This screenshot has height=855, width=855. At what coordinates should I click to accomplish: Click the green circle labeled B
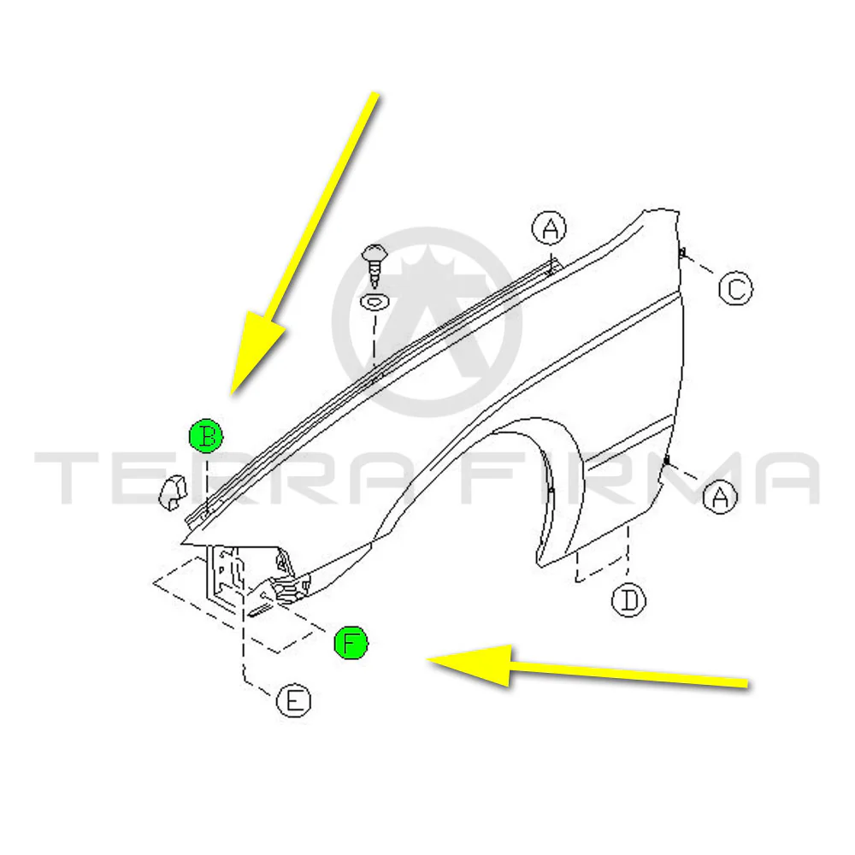(206, 436)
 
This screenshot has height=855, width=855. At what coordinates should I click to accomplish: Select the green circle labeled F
(351, 642)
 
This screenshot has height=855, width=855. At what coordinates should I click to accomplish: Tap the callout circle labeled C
(735, 288)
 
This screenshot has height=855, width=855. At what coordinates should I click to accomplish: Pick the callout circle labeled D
(628, 600)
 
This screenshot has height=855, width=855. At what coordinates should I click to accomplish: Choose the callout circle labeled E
(294, 700)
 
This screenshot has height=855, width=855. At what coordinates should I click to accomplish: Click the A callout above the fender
(549, 227)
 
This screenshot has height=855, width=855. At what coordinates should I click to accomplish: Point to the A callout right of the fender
(720, 496)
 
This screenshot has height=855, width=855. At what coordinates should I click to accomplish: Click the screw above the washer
(374, 265)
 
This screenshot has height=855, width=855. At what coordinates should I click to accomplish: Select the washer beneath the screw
(374, 302)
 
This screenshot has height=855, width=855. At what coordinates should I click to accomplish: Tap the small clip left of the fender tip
(174, 492)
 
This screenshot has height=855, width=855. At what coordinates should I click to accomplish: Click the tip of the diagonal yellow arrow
(233, 393)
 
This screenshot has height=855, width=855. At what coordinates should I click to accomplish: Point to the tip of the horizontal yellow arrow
(427, 659)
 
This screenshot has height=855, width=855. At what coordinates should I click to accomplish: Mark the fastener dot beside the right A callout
(666, 462)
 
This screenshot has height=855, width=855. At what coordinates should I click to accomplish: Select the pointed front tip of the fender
(181, 544)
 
